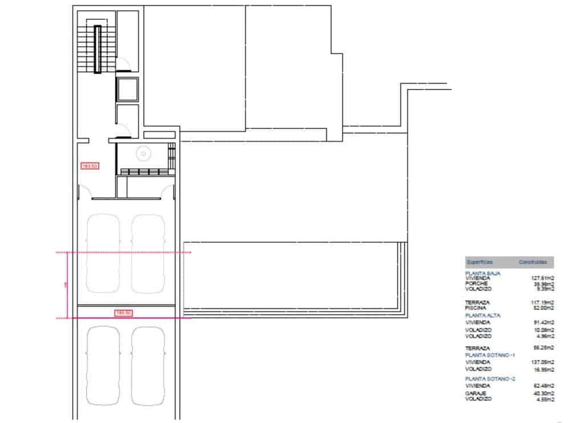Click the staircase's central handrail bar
tap(98, 49)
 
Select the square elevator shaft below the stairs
tap(127, 89)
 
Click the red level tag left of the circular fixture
tap(91, 166)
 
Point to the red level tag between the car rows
tap(124, 312)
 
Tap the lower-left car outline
tap(103, 365)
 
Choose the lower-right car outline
tap(148, 365)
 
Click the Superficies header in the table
tap(479, 262)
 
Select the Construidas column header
tap(533, 262)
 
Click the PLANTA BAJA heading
tap(483, 274)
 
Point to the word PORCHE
tap(477, 284)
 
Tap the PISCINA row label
tap(477, 308)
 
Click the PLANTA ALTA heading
tap(483, 315)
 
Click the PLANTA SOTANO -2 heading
tap(490, 379)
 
